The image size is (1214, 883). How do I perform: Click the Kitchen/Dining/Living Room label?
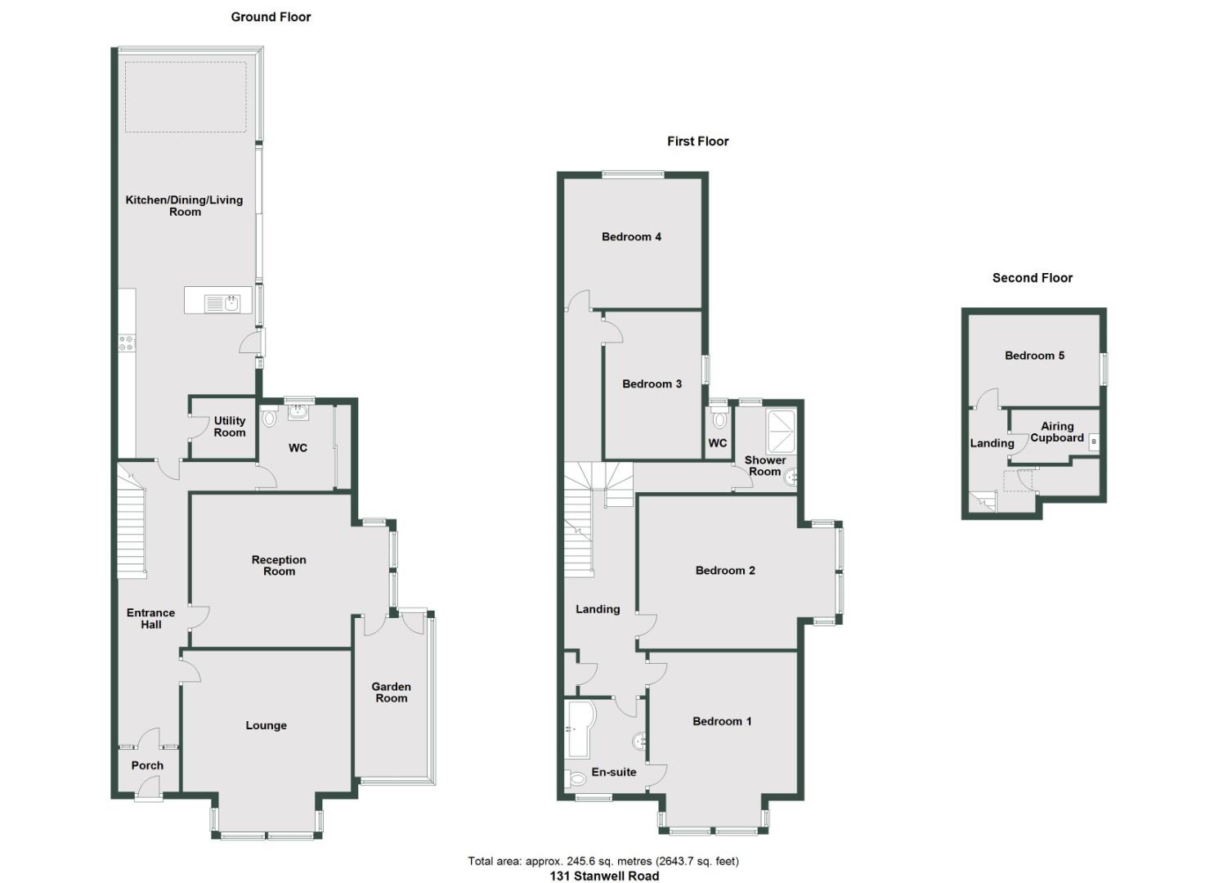(x=184, y=205)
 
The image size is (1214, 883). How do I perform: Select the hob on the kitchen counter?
(x=127, y=343)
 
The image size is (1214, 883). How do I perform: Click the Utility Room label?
(x=229, y=427)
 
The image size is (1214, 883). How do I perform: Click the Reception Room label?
(x=279, y=566)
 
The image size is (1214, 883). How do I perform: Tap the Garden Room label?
(x=391, y=693)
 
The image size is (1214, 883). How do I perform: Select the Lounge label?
(x=266, y=725)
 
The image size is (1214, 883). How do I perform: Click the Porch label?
(x=147, y=765)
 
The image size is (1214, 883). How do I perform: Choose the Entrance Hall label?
(x=150, y=618)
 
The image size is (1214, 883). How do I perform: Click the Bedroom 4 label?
(x=631, y=237)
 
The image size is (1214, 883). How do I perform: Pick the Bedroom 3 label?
(x=652, y=384)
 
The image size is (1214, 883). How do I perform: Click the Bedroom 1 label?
(x=722, y=721)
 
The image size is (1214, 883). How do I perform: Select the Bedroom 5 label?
(x=1034, y=356)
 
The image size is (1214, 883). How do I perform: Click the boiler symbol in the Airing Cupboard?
(x=1094, y=441)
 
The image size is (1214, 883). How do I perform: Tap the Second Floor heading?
(x=1032, y=278)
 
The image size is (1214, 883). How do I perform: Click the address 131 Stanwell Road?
(x=603, y=876)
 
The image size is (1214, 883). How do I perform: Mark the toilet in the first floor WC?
(x=719, y=420)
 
